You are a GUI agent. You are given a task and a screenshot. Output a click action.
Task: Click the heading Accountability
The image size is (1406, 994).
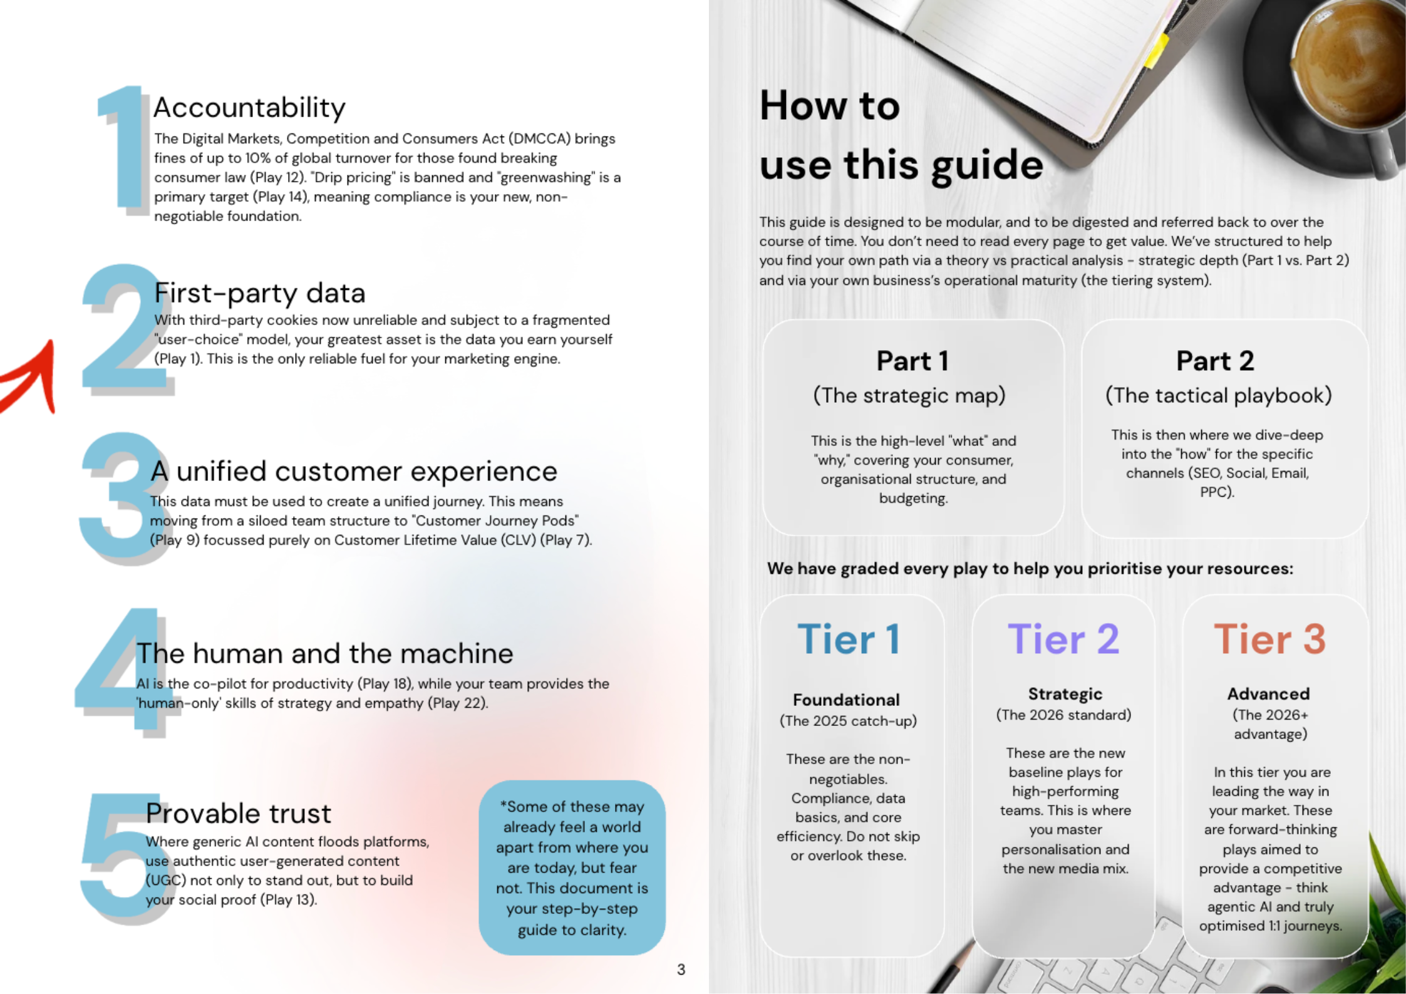pos(249,108)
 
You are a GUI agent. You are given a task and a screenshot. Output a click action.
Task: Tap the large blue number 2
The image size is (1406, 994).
pos(122,329)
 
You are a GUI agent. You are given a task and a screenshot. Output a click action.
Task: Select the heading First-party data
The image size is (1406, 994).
pos(260,293)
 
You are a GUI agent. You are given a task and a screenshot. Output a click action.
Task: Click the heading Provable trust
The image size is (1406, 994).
pos(238,813)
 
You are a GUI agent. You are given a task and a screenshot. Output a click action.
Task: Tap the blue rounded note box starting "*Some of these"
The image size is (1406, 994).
pos(572,867)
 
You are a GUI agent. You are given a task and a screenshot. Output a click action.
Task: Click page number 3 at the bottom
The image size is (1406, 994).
pos(681,970)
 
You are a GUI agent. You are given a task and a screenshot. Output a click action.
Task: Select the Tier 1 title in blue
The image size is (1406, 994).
pos(849,639)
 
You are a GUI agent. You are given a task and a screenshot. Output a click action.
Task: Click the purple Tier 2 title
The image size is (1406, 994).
pos(1063,639)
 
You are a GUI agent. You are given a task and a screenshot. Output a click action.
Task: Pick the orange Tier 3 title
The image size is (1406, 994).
pos(1269,639)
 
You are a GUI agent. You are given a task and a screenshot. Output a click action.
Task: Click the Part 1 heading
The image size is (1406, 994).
pos(912,361)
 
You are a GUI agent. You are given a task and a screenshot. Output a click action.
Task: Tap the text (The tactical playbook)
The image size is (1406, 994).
pos(1218,395)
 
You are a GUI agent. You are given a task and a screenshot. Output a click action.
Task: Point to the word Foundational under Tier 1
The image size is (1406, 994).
pos(846,700)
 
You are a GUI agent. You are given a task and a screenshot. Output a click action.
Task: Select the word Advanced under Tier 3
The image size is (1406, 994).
pos(1268,693)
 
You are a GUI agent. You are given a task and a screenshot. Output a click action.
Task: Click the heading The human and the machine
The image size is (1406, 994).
pos(324,653)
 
